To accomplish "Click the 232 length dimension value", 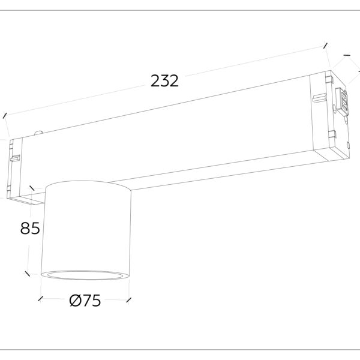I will coord(164,81).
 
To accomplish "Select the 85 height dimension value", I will coord(31,229).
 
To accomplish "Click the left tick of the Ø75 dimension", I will coord(40,298).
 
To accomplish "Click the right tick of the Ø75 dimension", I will coord(130,298).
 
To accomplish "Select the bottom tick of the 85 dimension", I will coord(28,274).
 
